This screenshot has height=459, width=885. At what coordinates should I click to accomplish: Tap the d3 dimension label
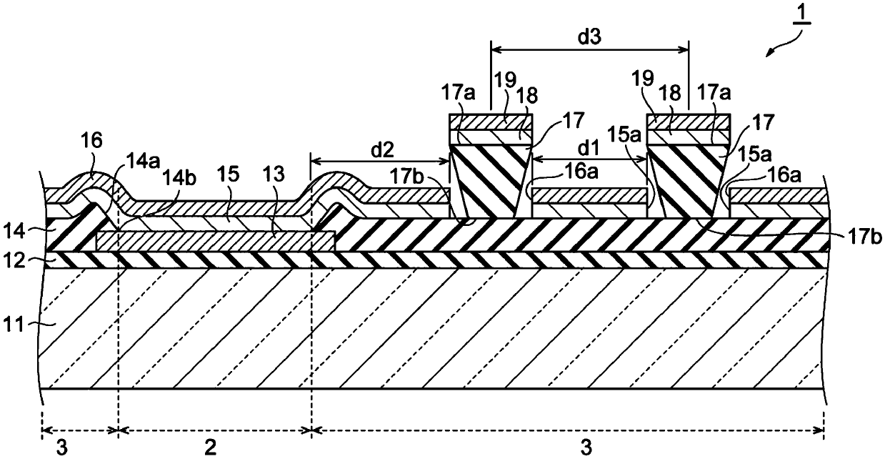coord(589,36)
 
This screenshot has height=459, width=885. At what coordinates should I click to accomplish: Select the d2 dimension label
coord(381,150)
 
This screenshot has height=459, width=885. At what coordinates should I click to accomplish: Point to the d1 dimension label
coord(589,149)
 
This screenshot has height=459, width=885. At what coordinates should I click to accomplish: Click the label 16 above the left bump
coord(91,141)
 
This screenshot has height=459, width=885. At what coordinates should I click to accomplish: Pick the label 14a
coord(143,161)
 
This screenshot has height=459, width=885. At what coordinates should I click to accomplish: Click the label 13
coord(274,174)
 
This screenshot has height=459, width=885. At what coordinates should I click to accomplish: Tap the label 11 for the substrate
coord(14,325)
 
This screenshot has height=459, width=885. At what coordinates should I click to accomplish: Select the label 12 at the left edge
coord(14,261)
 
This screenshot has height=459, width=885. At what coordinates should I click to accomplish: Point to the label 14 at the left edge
coord(14,230)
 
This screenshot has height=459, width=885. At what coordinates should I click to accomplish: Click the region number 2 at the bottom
coord(210,448)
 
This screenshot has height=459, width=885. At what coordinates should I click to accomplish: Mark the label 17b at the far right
coord(864,237)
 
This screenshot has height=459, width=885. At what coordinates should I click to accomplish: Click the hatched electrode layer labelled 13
coord(215,242)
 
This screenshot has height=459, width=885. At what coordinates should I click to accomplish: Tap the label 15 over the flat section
coord(229,174)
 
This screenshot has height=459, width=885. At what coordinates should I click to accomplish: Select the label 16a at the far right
coord(784,175)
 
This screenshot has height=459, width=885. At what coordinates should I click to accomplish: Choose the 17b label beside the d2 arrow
coord(407,177)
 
